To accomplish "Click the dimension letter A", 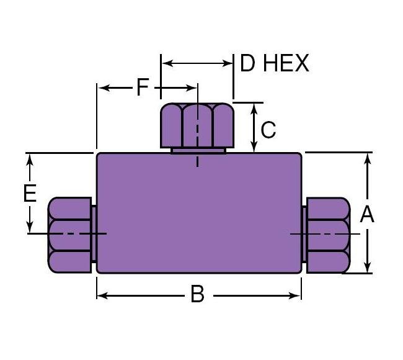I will [367, 214].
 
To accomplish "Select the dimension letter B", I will [197, 294].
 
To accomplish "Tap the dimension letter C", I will [268, 130].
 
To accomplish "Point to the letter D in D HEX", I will [247, 63].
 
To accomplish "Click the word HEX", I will [286, 63].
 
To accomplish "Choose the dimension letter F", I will [143, 88].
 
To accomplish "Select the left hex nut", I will [69, 234].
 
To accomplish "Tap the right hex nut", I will [327, 234].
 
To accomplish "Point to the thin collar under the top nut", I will [198, 150].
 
